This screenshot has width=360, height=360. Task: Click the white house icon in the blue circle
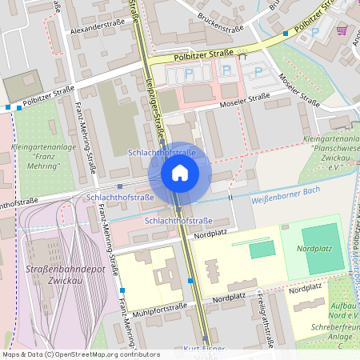pos(180,172)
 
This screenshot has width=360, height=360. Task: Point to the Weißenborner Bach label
pos(286,198)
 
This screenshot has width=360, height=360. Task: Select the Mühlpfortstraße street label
pos(161,306)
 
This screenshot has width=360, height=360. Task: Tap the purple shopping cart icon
pos(342,30)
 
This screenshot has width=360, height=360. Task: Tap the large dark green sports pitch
pos(322,245)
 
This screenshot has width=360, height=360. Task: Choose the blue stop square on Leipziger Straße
pos(190,281)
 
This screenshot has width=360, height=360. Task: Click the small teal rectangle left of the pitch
pos(261,249)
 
